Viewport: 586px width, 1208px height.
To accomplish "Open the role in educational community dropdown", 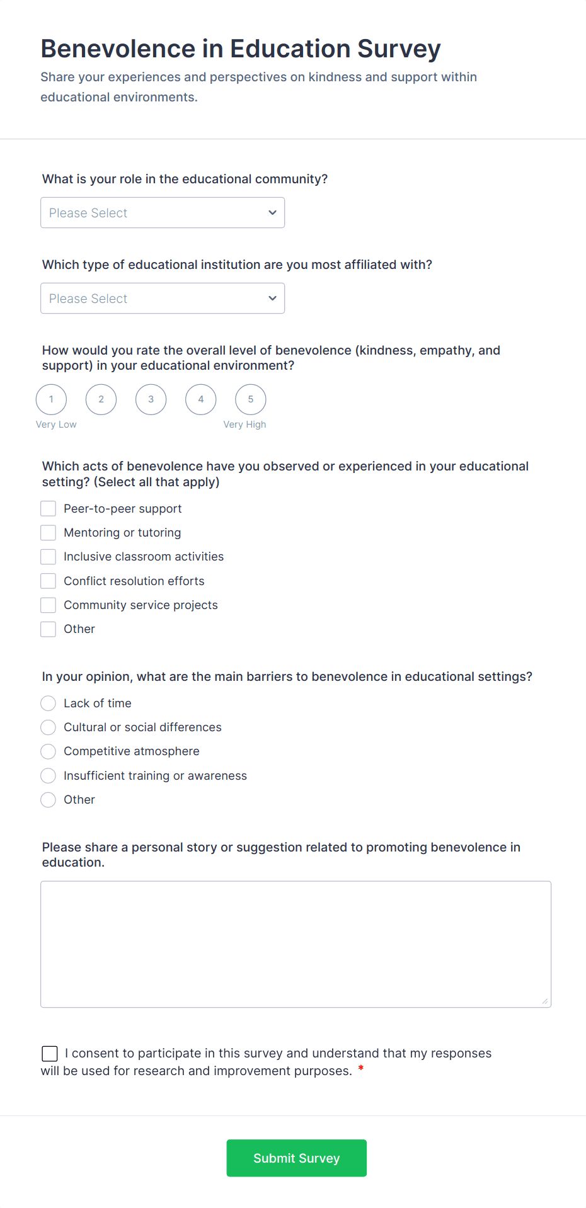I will (163, 213).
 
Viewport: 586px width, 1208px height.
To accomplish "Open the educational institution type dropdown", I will (163, 299).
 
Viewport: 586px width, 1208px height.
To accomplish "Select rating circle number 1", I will (52, 399).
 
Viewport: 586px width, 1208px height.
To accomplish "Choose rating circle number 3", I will (151, 399).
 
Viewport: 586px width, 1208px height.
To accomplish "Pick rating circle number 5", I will (251, 399).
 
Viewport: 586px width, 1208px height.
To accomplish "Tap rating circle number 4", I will (201, 399).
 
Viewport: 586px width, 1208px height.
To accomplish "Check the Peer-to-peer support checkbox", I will (49, 509).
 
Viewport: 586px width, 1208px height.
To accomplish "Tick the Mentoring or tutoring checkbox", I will (49, 533).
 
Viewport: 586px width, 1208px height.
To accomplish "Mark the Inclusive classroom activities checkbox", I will (49, 557).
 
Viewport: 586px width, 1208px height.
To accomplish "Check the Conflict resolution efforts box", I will (49, 581).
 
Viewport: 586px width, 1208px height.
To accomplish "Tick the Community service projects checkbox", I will (49, 605).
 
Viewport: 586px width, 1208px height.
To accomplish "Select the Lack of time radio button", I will (49, 704).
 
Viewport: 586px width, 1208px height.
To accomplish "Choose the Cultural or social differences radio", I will (49, 727).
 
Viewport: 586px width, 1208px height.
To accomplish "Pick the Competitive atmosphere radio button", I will (49, 751).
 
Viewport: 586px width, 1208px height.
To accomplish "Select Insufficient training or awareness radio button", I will (49, 776).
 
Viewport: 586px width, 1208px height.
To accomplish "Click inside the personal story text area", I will (296, 944).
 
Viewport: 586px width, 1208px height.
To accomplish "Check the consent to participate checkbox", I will (50, 1054).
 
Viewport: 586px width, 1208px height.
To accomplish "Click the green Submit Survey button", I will (296, 1158).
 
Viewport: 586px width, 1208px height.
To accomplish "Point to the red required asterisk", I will (361, 1068).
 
